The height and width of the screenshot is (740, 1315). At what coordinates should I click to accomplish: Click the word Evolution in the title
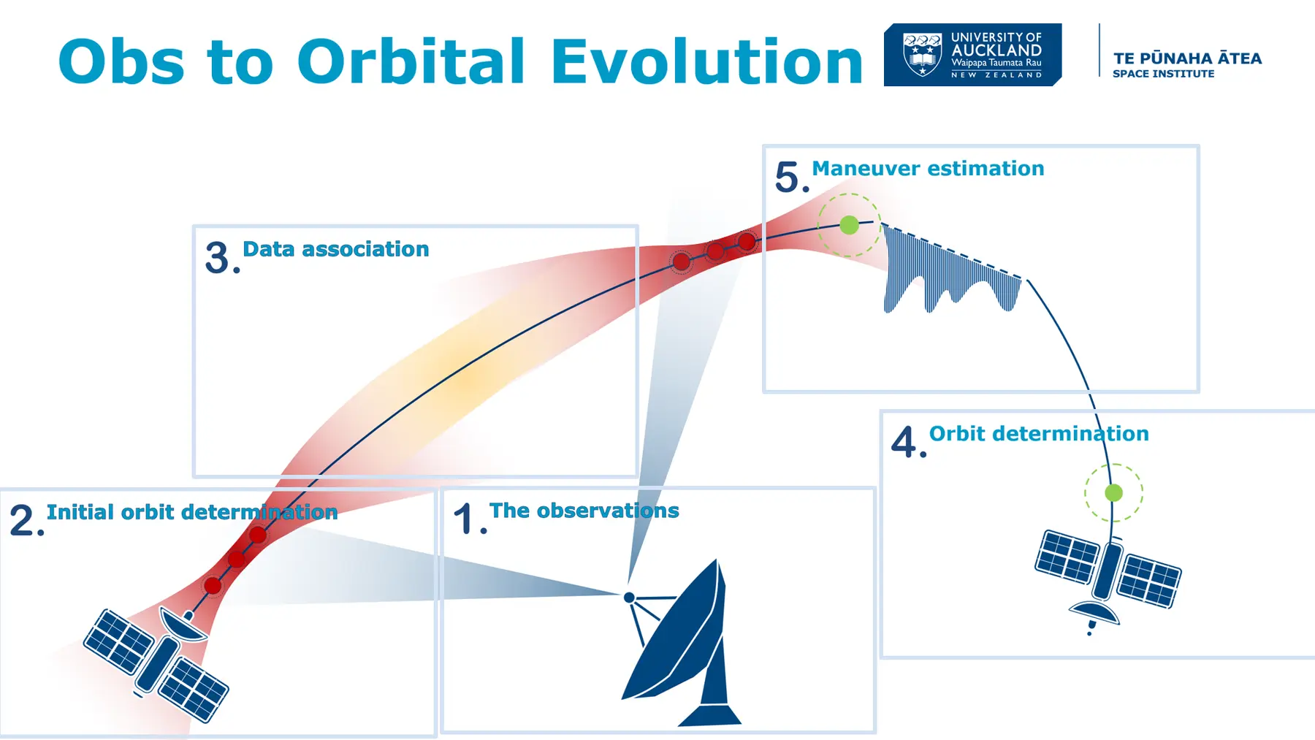(707, 61)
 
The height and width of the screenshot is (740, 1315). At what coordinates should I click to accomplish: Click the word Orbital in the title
(411, 61)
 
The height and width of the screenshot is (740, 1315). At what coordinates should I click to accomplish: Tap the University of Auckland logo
(972, 55)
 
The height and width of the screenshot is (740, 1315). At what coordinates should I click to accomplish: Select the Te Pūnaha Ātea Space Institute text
(1187, 64)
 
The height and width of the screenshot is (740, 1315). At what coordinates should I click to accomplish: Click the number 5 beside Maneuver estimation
(788, 178)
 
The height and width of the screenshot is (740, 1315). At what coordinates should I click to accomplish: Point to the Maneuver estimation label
(928, 169)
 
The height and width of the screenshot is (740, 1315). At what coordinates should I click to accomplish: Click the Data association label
(335, 249)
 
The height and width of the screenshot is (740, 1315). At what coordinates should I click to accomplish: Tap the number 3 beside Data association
(218, 258)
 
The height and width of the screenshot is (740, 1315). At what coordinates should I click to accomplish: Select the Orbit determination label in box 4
(1039, 434)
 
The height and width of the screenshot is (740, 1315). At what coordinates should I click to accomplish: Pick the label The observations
(584, 511)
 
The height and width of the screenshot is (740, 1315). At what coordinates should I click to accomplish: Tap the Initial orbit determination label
(192, 512)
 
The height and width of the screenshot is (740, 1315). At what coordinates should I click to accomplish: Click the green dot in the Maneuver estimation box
(849, 225)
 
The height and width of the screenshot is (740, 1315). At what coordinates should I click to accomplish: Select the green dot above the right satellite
(1113, 493)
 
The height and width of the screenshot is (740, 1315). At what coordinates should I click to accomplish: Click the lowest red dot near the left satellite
(213, 585)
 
